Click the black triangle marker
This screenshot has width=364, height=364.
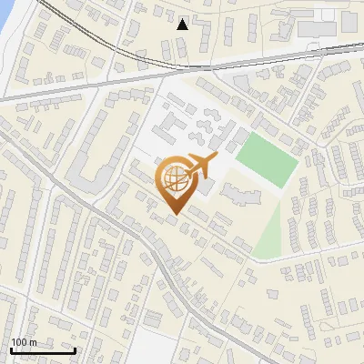(183, 24)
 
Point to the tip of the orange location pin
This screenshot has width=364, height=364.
(173, 215)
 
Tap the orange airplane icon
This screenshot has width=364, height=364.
(201, 167)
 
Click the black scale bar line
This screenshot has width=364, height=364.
(43, 350)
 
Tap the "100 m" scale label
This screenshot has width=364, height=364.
(24, 343)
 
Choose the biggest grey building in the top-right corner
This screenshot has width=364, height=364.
(318, 25)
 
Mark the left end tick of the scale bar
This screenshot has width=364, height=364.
(11, 349)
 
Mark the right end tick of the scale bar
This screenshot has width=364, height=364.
(75, 349)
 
